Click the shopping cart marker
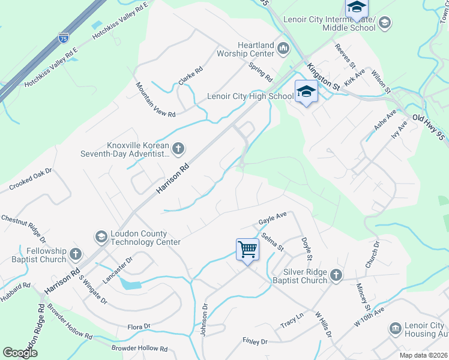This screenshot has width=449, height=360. (247, 249)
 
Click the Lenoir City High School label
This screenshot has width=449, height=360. (250, 96)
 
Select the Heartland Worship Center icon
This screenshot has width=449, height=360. (283, 48)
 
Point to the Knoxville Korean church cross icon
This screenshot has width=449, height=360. (178, 148)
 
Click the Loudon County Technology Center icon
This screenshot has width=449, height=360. (101, 238)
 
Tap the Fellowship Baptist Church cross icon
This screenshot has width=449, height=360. (76, 254)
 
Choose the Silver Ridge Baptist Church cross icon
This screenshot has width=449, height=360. (336, 275)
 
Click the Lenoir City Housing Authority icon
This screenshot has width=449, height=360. (396, 328)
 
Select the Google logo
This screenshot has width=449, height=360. (20, 352)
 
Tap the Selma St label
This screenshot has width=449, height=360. (273, 242)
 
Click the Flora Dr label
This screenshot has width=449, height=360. (138, 326)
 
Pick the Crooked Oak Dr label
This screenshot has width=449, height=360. (31, 180)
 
